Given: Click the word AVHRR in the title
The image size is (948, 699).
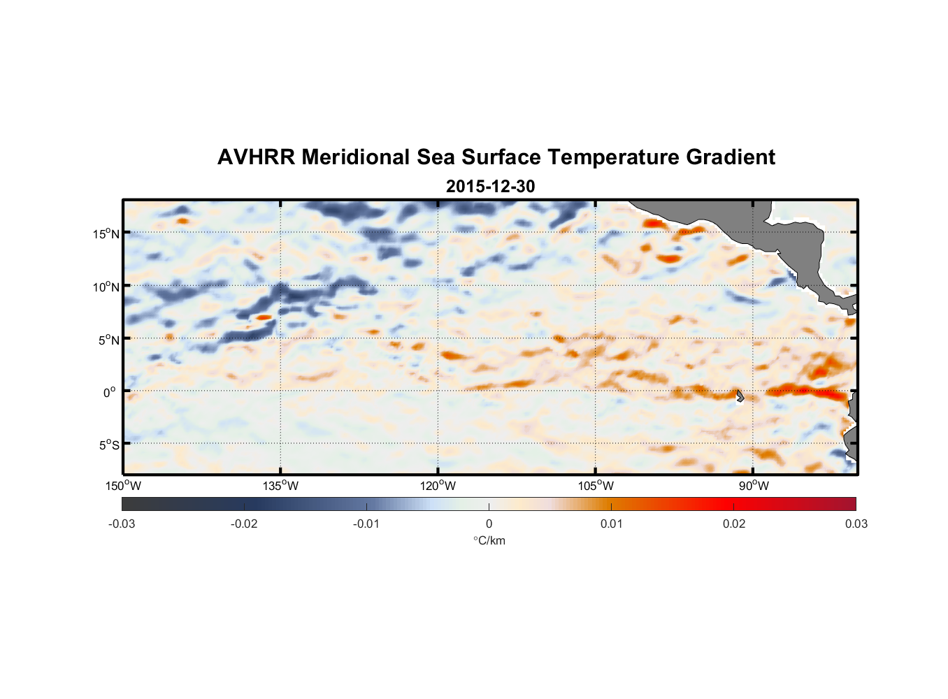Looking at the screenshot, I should [256, 157].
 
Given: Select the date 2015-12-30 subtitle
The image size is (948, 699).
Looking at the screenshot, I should [490, 187].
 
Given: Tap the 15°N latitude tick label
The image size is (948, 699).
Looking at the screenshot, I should [106, 233].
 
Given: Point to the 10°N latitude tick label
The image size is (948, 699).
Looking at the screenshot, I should [106, 287].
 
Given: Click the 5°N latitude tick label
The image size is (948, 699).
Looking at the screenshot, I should [109, 340].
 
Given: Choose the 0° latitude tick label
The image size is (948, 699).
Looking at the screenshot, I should [110, 392].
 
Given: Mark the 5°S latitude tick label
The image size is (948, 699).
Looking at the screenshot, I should [109, 445].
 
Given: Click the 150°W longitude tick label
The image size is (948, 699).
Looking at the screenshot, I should [123, 486].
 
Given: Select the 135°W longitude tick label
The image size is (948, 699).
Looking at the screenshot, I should [280, 486].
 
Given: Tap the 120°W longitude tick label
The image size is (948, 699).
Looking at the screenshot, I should [438, 486].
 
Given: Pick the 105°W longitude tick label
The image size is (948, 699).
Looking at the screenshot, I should [596, 486].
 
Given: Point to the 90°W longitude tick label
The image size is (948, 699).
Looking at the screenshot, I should [754, 486].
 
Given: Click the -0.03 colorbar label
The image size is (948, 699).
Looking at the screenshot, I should [122, 524].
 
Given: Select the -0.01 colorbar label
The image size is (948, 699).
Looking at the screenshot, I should [366, 524].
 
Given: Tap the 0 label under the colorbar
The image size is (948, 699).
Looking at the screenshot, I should [489, 524].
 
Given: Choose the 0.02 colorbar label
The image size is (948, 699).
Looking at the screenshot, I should [734, 524].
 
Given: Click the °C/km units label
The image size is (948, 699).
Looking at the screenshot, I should [489, 540].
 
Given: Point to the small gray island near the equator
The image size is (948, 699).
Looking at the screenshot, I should [740, 396].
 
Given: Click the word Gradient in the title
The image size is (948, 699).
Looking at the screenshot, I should [731, 157].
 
